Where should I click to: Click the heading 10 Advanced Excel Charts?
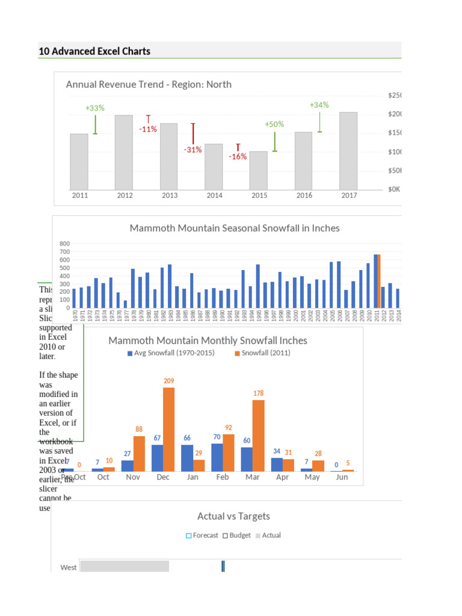pos(94,51)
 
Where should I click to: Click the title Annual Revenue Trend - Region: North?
pos(149,84)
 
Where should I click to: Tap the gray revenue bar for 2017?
pos(348,150)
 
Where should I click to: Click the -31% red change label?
pos(192,150)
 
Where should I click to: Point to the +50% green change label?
pos(274,124)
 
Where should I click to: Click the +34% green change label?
pos(319,105)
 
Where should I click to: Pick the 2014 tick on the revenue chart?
pos(214,196)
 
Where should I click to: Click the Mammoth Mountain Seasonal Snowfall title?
pos(235,228)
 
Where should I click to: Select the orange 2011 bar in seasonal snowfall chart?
pos(379,280)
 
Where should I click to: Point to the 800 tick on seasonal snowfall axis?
pos(64,244)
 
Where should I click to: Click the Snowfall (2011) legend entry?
pos(262,353)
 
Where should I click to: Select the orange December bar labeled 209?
pos(169,429)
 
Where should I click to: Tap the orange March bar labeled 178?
pos(258,435)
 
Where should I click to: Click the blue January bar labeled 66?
pos(187,458)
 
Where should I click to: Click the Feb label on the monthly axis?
pos(222,477)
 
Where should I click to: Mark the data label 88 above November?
pos(139,429)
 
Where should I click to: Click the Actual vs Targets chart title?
pos(233,516)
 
